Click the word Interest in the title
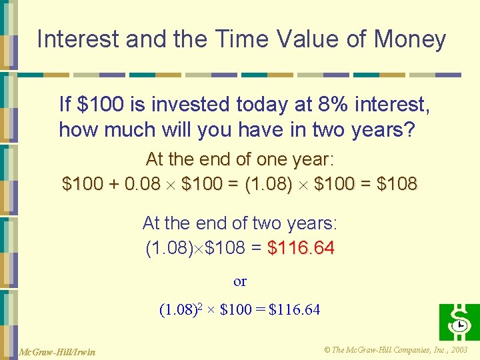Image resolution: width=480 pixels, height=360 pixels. [79, 39]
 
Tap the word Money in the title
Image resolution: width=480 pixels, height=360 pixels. [410, 39]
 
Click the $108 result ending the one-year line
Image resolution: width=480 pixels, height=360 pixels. [397, 183]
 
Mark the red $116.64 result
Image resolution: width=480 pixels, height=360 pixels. [301, 249]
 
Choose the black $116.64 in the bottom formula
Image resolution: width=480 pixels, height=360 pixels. [294, 309]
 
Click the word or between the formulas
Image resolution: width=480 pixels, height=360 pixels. [240, 281]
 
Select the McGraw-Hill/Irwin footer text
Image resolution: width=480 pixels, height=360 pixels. [57, 351]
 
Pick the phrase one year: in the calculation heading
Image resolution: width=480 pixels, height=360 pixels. [295, 160]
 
